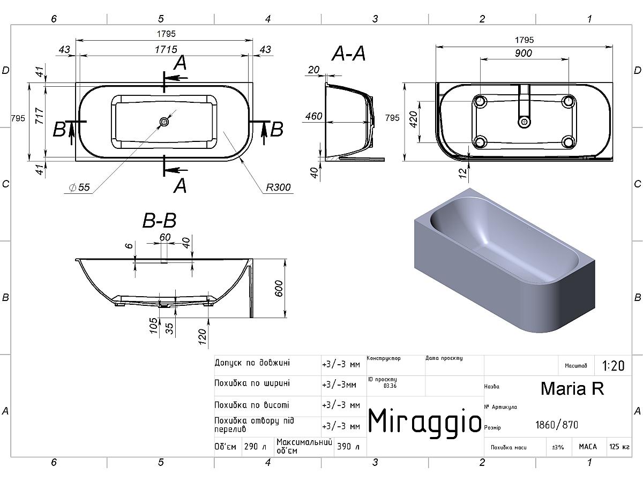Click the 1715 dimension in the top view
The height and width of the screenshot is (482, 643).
pyautogui.click(x=166, y=49)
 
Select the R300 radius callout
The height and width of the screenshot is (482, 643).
pyautogui.click(x=278, y=187)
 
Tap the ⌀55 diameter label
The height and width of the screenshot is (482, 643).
pyautogui.click(x=79, y=187)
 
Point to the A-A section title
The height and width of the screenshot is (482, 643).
pyautogui.click(x=349, y=54)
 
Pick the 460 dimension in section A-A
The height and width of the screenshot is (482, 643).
pyautogui.click(x=314, y=116)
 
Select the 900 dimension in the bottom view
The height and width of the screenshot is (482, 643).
pyautogui.click(x=523, y=53)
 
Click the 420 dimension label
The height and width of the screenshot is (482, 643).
pyautogui.click(x=413, y=119)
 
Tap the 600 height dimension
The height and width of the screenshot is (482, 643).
pyautogui.click(x=279, y=288)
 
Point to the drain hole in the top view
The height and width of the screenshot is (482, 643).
pyautogui.click(x=164, y=122)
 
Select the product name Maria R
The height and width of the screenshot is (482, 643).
pyautogui.click(x=572, y=389)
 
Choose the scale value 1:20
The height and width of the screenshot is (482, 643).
pyautogui.click(x=613, y=366)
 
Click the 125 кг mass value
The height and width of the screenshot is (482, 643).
pyautogui.click(x=619, y=447)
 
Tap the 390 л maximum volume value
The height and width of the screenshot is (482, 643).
pyautogui.click(x=348, y=446)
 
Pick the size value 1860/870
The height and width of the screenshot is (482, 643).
pyautogui.click(x=557, y=425)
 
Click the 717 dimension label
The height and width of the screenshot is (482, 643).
pyautogui.click(x=40, y=116)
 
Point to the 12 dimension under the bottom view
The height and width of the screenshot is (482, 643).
pyautogui.click(x=462, y=173)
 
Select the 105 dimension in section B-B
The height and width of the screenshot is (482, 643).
pyautogui.click(x=153, y=326)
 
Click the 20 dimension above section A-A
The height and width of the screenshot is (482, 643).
pyautogui.click(x=313, y=70)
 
